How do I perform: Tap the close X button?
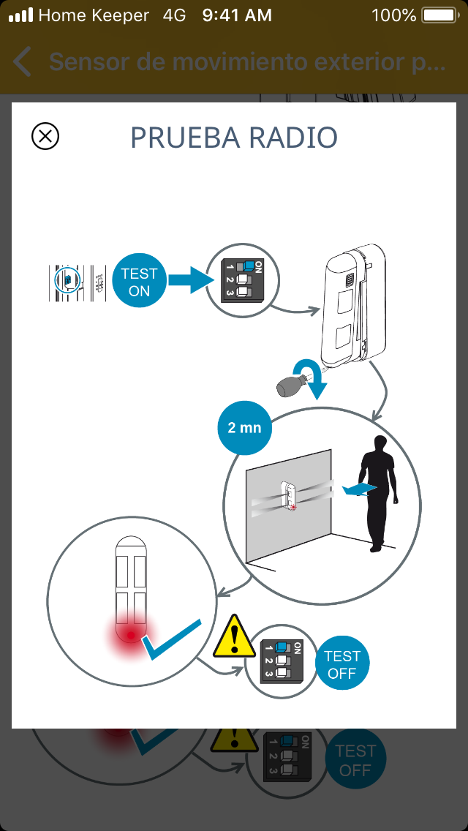[45, 136]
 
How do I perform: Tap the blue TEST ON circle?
[139, 282]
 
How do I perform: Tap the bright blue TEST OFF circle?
[342, 664]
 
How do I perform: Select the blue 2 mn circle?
[244, 427]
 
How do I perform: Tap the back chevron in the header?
[23, 62]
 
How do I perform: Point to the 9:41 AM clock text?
[237, 15]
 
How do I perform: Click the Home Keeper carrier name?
[94, 15]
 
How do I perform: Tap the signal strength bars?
[21, 15]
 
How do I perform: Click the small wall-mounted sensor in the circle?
[290, 495]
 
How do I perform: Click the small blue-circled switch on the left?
[67, 279]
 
